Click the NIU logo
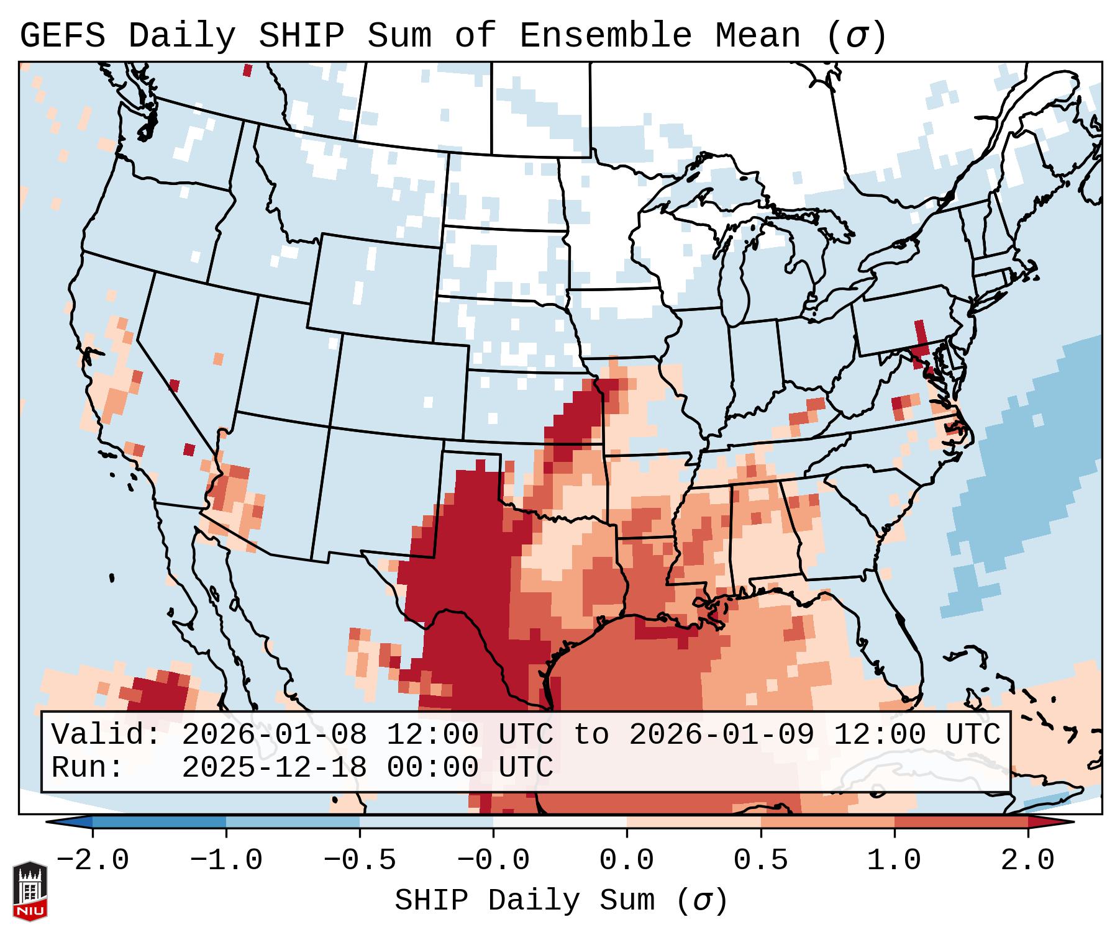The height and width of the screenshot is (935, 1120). pos(30,890)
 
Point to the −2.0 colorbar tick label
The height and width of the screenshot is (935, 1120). pos(93,860)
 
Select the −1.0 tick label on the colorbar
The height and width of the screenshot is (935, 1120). pos(226,860)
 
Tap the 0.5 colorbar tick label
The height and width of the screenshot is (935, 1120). pos(760,860)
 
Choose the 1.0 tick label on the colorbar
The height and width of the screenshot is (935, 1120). pos(894,860)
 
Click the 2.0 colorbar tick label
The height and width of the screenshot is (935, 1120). pos(1027,860)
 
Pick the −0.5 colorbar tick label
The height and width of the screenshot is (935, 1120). pos(360,860)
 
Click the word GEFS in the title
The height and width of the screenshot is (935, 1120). pos(62,36)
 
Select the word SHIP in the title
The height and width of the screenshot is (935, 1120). pos(301,36)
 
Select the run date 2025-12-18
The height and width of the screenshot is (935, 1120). pos(274,768)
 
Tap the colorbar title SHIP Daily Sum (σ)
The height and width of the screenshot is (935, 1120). pos(560,900)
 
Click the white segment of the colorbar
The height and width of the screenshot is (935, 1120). pos(560,823)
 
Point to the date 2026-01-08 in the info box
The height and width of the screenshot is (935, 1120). pos(274,735)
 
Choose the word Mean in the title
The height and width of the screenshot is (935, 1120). pos(757,36)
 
